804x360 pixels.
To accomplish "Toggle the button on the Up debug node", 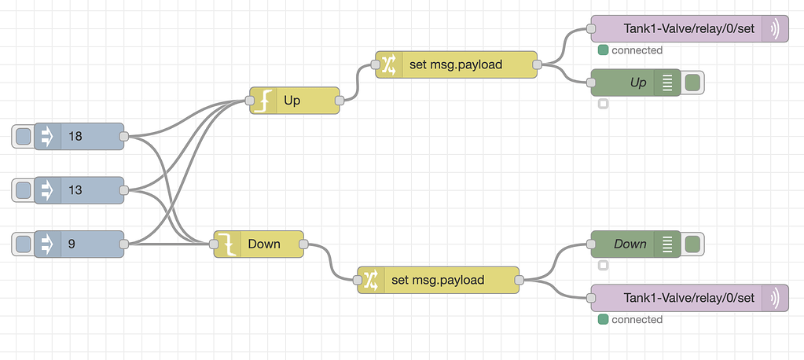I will pos(692,83).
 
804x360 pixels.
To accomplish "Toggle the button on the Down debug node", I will pos(692,244).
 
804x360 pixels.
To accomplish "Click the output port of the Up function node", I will pos(340,101).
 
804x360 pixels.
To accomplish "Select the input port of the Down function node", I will pos(214,244).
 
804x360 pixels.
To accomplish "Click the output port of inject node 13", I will pos(123,189).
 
